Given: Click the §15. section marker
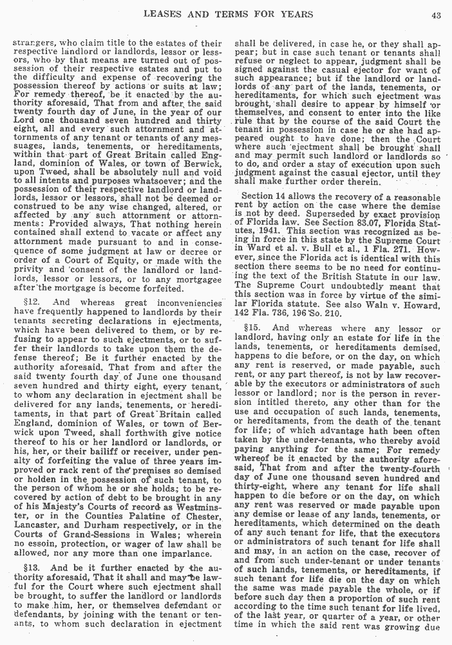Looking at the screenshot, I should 252,328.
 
